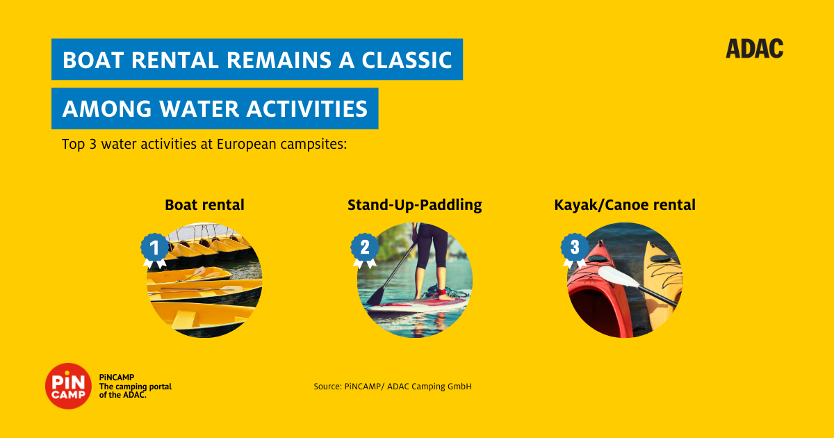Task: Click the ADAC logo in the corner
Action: click(x=754, y=49)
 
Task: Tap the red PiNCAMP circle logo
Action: click(x=69, y=386)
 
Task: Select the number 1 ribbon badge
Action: click(x=154, y=250)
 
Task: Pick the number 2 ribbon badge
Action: click(x=364, y=250)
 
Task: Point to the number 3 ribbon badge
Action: click(x=575, y=250)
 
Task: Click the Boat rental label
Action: click(x=204, y=205)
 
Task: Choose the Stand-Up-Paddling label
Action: click(x=414, y=205)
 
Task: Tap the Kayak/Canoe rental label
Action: click(x=625, y=205)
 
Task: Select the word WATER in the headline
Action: click(x=199, y=108)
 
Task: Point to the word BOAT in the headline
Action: click(x=93, y=60)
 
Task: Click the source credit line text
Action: click(x=393, y=387)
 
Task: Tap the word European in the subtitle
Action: click(x=247, y=145)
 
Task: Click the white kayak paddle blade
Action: click(x=619, y=277)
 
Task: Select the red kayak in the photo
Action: click(x=598, y=290)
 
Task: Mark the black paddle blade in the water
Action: click(x=377, y=296)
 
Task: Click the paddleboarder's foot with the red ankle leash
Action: click(x=445, y=295)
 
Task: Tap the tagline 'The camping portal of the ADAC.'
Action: click(x=135, y=391)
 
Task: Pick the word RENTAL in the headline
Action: click(x=175, y=60)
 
